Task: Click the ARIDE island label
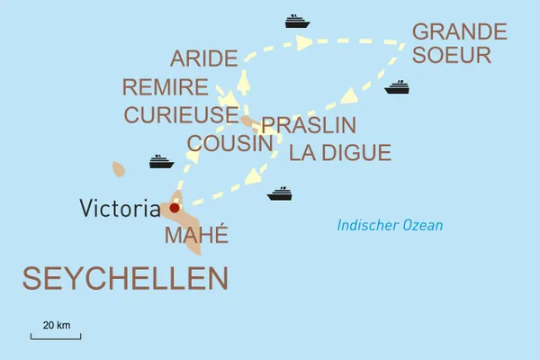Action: [x=203, y=60]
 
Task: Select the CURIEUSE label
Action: [x=181, y=115]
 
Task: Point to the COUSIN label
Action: [x=230, y=143]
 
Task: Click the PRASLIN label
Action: [x=309, y=125]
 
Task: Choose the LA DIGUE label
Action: [x=340, y=153]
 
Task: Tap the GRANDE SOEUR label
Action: [x=452, y=42]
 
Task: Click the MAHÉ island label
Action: [x=196, y=236]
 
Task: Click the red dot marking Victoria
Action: [x=175, y=208]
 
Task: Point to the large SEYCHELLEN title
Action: [x=124, y=278]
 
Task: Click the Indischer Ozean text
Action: [x=390, y=225]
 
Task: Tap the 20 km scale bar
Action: [x=56, y=337]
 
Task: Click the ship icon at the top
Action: [x=297, y=21]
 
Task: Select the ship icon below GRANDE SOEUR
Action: [x=397, y=87]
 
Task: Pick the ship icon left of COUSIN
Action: [x=161, y=162]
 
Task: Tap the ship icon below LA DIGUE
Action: [x=280, y=193]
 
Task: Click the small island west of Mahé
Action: [x=118, y=168]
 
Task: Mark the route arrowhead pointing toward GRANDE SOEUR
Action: [x=304, y=41]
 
